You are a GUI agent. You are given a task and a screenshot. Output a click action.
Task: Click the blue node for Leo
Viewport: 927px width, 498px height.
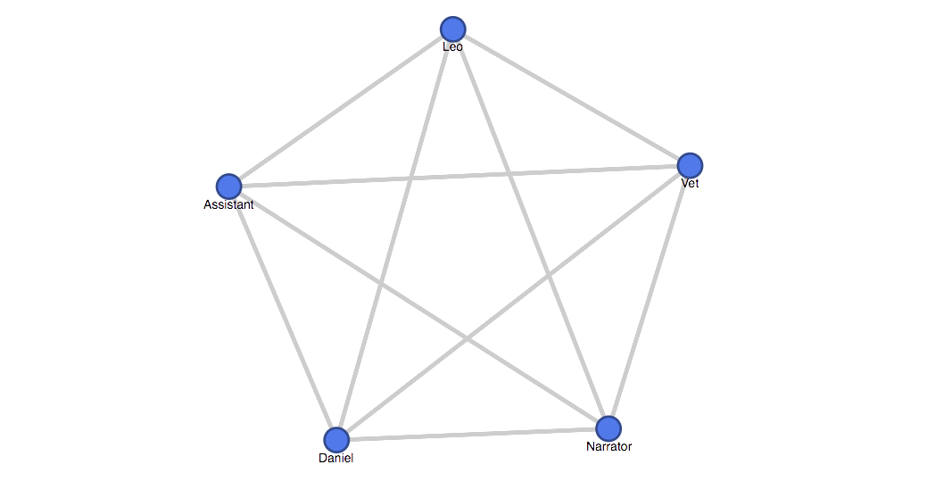point(453,29)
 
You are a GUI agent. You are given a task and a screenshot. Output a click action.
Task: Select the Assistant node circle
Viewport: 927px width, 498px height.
point(228,187)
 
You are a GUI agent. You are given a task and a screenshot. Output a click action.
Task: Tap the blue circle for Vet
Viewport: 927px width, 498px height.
point(690,166)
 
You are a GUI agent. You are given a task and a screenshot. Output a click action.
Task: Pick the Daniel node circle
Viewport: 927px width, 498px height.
point(336,440)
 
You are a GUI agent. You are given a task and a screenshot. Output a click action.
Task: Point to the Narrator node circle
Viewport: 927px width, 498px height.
point(608,428)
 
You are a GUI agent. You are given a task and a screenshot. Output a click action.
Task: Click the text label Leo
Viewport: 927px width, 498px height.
point(453,46)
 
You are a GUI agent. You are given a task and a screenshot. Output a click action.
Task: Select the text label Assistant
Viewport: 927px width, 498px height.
point(228,204)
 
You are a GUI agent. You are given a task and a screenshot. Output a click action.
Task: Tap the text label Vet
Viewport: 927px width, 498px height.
point(690,183)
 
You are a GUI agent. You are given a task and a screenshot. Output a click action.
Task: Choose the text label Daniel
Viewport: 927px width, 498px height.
point(335,458)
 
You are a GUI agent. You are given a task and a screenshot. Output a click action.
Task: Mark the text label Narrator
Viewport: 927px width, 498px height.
point(609,446)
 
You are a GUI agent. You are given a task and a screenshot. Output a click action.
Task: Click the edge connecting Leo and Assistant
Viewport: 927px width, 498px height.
point(341,108)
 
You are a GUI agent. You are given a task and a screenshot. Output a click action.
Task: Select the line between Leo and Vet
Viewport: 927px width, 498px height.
point(571,97)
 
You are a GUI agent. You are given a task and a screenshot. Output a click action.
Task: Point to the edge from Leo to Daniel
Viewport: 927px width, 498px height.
point(394,235)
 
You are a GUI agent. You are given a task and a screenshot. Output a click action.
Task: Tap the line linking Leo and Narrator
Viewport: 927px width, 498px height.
point(530,228)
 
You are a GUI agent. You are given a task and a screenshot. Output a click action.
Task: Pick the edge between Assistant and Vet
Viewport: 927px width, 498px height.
point(459,176)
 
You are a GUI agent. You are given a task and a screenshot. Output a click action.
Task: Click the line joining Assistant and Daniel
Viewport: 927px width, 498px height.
point(283,313)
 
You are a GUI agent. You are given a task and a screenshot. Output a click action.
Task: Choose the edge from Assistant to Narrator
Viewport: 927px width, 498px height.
point(418,308)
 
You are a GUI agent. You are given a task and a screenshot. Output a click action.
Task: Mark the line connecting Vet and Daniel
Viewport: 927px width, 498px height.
point(513,303)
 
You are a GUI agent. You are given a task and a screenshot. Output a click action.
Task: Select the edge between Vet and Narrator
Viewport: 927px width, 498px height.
point(650,297)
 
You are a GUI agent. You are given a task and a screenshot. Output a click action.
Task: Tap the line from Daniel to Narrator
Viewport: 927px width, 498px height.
point(472,435)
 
